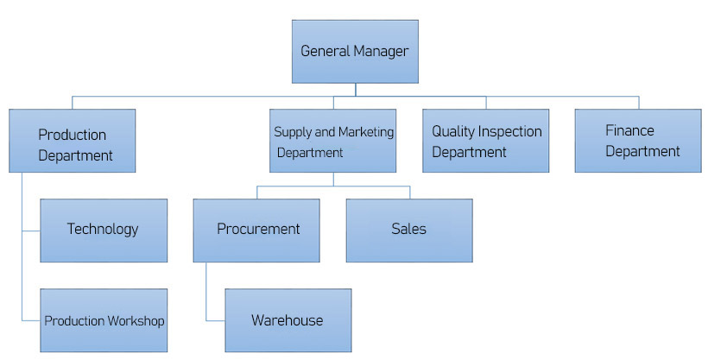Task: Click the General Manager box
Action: point(354,52)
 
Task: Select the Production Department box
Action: point(73,140)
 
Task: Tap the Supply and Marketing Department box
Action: point(332,140)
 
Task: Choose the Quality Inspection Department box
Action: point(485,140)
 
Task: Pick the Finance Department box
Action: point(637,140)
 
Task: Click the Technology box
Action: point(104,230)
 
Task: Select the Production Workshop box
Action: point(104,320)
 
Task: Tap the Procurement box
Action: point(256,230)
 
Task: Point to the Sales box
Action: point(409,230)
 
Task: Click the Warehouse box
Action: point(288,320)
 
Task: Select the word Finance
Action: point(629,131)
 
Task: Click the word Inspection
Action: point(511,132)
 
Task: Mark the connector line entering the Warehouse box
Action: point(216,320)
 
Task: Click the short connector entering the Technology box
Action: point(31,231)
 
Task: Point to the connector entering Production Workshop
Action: point(31,321)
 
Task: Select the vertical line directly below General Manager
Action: point(355,89)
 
